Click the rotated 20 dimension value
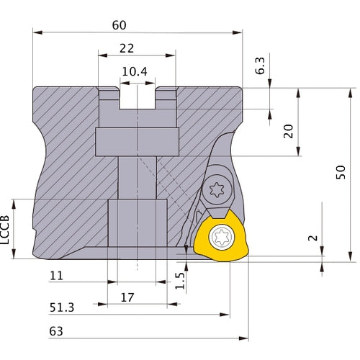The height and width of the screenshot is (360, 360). (x=288, y=130)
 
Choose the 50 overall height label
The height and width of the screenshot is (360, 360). (x=342, y=172)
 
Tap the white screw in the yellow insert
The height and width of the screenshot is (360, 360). (x=221, y=237)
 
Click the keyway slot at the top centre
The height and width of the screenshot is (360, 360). (x=137, y=96)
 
